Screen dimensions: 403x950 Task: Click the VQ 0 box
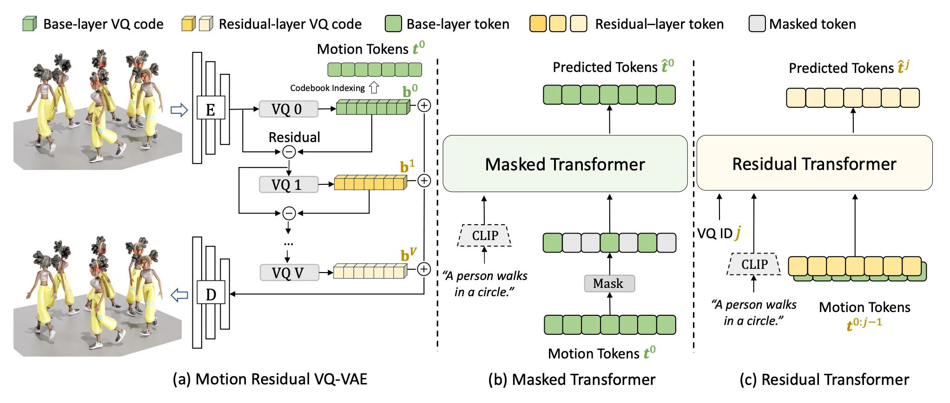288,109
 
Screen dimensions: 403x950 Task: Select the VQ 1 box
288,184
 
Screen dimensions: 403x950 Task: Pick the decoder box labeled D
211,293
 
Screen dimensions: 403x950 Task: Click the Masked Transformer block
565,164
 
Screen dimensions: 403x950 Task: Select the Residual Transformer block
814,163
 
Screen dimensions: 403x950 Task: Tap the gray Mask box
609,283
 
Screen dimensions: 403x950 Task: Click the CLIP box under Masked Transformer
485,235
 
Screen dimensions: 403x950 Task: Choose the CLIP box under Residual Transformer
754,264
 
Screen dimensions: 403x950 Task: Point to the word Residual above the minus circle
294,137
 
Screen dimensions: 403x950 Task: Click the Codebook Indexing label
327,88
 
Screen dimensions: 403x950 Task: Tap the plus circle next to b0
424,105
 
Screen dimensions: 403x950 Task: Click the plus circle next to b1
424,181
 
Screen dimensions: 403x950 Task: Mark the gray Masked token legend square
757,24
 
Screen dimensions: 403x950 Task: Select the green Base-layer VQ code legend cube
30,24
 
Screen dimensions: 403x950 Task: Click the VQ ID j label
719,233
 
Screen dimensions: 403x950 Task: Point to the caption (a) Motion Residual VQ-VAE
270,379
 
